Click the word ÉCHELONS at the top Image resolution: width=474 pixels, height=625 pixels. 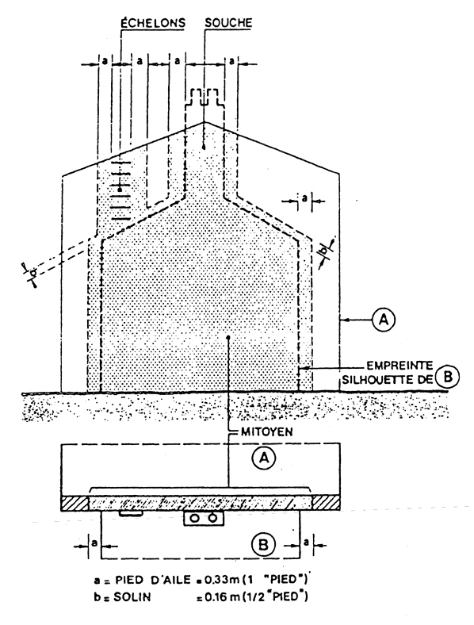point(153,23)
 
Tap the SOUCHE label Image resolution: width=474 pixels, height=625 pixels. point(228,22)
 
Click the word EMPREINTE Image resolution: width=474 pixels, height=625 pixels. point(399,365)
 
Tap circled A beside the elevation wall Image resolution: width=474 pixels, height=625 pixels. point(383,320)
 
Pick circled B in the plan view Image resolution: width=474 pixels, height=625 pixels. point(263,544)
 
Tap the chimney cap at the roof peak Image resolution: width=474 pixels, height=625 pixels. point(205,98)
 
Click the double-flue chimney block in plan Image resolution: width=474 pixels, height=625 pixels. point(204,518)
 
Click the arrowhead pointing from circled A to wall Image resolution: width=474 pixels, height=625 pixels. point(345,320)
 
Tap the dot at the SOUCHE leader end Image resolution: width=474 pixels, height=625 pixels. point(204,148)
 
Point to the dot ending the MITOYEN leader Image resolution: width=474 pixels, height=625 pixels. point(228,337)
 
